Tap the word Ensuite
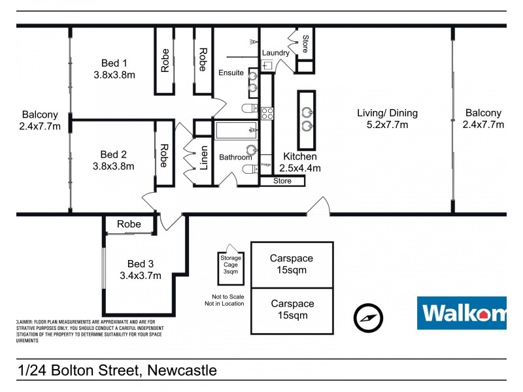[x=231, y=72]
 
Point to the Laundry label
[x=275, y=53]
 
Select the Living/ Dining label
[x=387, y=118]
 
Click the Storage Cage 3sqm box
[x=231, y=268]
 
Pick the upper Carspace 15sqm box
[x=292, y=264]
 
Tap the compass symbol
[x=367, y=318]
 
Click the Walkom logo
[x=462, y=313]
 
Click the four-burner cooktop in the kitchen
[x=267, y=114]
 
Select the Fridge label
[x=266, y=164]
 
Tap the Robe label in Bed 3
[x=129, y=224]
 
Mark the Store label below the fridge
[x=282, y=181]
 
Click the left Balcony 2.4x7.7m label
[x=40, y=119]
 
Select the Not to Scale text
[x=224, y=296]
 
